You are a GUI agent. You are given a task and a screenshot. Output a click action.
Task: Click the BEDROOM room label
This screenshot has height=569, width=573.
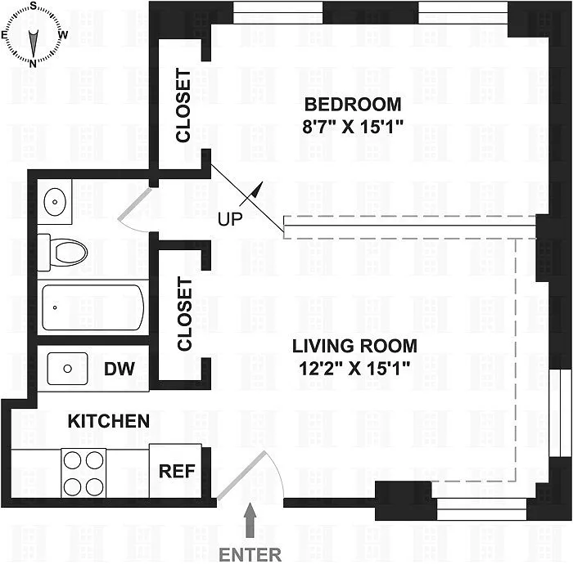tap(353, 105)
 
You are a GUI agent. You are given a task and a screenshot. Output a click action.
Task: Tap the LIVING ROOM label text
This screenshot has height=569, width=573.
tap(354, 346)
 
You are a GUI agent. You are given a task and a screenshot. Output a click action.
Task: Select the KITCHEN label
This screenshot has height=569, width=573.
tap(109, 422)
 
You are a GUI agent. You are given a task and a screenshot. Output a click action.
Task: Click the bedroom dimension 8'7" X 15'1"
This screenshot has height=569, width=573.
tap(353, 128)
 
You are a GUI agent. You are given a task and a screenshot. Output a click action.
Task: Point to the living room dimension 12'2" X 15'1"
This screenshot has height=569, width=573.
tap(354, 369)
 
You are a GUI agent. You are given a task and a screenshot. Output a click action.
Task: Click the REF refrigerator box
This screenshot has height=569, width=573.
tap(175, 471)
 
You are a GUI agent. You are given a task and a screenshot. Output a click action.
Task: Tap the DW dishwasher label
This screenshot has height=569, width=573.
tap(120, 369)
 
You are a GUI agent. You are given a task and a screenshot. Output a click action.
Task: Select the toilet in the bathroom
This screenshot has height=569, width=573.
tap(63, 253)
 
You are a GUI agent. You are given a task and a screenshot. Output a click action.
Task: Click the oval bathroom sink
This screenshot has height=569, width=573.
tap(55, 201)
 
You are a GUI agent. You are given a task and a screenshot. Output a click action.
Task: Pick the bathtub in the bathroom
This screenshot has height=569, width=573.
tap(92, 307)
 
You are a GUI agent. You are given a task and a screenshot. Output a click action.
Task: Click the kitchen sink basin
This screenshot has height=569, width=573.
tap(68, 369)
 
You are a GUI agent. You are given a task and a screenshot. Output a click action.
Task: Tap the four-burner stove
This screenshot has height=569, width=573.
tap(83, 473)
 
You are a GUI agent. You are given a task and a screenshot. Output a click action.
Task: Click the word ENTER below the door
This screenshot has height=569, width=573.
tap(250, 555)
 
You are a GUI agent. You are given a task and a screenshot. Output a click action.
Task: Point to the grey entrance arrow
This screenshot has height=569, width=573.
tap(250, 520)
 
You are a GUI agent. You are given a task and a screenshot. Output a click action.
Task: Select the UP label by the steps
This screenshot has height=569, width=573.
tap(230, 219)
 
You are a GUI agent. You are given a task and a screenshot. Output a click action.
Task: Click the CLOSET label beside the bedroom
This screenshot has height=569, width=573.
tap(183, 105)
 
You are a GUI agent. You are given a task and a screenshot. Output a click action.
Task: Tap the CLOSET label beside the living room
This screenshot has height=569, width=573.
tap(184, 314)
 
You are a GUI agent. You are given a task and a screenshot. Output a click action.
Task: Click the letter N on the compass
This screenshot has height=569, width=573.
tap(33, 64)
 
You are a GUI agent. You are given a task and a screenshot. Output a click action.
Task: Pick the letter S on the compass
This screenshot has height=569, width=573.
tap(34, 6)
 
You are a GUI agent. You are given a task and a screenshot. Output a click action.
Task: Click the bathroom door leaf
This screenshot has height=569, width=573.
tap(134, 204)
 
